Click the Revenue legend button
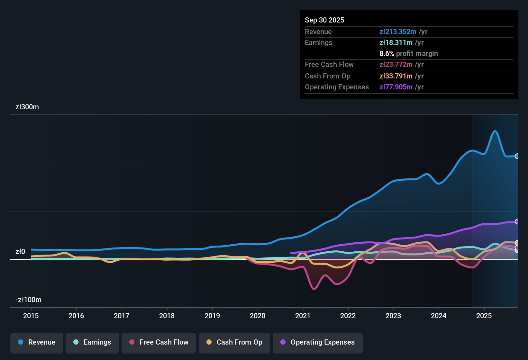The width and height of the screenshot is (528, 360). pyautogui.click(x=37, y=342)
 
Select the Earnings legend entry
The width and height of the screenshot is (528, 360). pyautogui.click(x=92, y=342)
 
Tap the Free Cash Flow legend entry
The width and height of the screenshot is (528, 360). pyautogui.click(x=159, y=342)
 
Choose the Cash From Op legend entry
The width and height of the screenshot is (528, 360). pyautogui.click(x=234, y=342)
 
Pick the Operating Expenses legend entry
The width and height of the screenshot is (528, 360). pyautogui.click(x=318, y=342)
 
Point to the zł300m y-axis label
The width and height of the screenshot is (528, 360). pyautogui.click(x=27, y=107)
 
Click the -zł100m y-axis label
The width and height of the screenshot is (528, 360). pyautogui.click(x=28, y=300)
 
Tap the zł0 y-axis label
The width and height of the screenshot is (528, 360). pyautogui.click(x=20, y=252)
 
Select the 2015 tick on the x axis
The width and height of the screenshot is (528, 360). pyautogui.click(x=31, y=316)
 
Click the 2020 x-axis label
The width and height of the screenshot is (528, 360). pyautogui.click(x=258, y=316)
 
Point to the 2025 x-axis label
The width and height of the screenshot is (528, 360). pyautogui.click(x=484, y=316)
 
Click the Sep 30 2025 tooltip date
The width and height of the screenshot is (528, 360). pyautogui.click(x=324, y=20)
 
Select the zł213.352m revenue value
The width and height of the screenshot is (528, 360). pyautogui.click(x=398, y=32)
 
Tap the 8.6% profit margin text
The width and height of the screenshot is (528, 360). pyautogui.click(x=408, y=54)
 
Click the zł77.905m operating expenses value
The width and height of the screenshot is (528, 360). pyautogui.click(x=396, y=87)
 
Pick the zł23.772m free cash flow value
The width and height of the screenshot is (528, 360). pyautogui.click(x=396, y=65)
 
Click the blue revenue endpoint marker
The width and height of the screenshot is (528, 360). pyautogui.click(x=517, y=156)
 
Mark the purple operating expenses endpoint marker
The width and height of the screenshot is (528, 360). pyautogui.click(x=517, y=221)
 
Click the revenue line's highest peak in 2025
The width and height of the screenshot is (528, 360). pyautogui.click(x=495, y=131)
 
